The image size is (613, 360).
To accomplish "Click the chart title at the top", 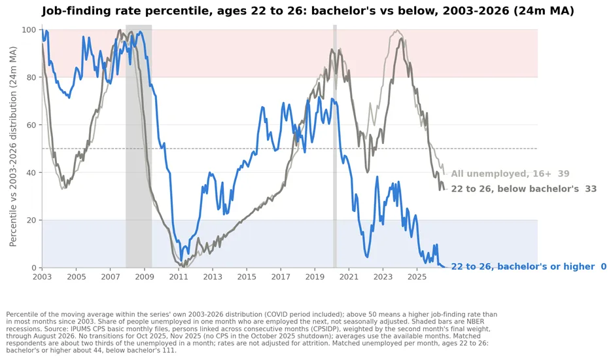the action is [x=307, y=10].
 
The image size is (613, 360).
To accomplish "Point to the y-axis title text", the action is [x=13, y=147].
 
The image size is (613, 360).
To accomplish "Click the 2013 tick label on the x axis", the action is [x=213, y=277].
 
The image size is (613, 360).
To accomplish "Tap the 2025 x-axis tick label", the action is [x=417, y=277].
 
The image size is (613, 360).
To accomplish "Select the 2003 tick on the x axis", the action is [x=42, y=277].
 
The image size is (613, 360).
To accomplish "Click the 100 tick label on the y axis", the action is [x=29, y=29].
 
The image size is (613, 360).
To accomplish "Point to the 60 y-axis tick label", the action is [x=32, y=125].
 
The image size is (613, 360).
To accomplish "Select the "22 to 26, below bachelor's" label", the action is [x=515, y=189].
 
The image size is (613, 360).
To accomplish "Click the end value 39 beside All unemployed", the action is [x=563, y=173].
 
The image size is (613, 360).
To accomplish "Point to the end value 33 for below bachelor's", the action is [x=591, y=189].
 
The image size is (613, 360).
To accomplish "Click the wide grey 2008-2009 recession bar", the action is [x=139, y=146].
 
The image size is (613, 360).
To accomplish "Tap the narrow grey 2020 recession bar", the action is [x=335, y=146].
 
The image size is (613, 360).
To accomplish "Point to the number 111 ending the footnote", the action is [x=169, y=350].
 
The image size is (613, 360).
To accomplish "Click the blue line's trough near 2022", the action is [x=367, y=257].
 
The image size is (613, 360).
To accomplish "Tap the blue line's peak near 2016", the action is [x=262, y=107].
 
